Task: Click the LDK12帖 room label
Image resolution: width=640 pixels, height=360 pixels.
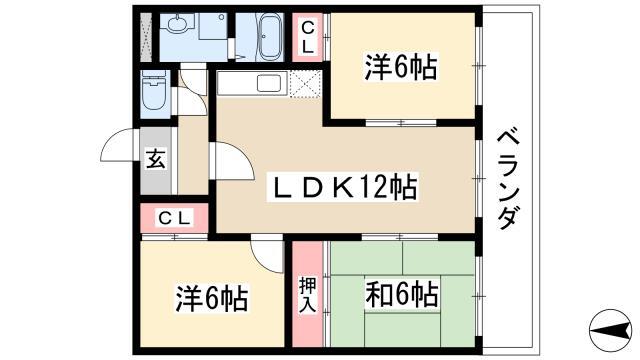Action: click(x=342, y=188)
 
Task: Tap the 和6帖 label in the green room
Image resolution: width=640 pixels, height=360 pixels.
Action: click(x=402, y=294)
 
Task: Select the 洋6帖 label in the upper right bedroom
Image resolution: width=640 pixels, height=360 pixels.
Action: click(x=401, y=67)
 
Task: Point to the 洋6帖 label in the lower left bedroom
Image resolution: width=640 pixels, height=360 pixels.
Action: click(x=212, y=299)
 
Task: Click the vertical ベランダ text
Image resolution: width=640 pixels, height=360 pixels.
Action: click(x=509, y=180)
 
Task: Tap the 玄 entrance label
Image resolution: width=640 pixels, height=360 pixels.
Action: click(x=156, y=159)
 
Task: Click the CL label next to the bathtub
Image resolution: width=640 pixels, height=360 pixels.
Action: click(x=308, y=38)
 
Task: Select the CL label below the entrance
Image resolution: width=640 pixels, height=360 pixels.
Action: click(x=174, y=218)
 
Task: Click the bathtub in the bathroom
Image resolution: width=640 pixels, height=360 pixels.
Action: click(x=270, y=37)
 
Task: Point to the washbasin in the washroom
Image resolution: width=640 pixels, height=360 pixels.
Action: click(x=178, y=24)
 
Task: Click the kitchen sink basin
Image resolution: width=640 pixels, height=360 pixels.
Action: click(x=268, y=84)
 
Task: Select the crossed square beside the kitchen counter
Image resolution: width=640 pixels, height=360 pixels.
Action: click(x=305, y=84)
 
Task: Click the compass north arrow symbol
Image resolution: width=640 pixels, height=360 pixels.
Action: click(x=610, y=330)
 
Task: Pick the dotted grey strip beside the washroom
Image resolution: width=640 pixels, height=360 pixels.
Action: click(x=146, y=37)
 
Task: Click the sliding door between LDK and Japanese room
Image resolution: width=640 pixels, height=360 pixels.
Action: click(x=400, y=237)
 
